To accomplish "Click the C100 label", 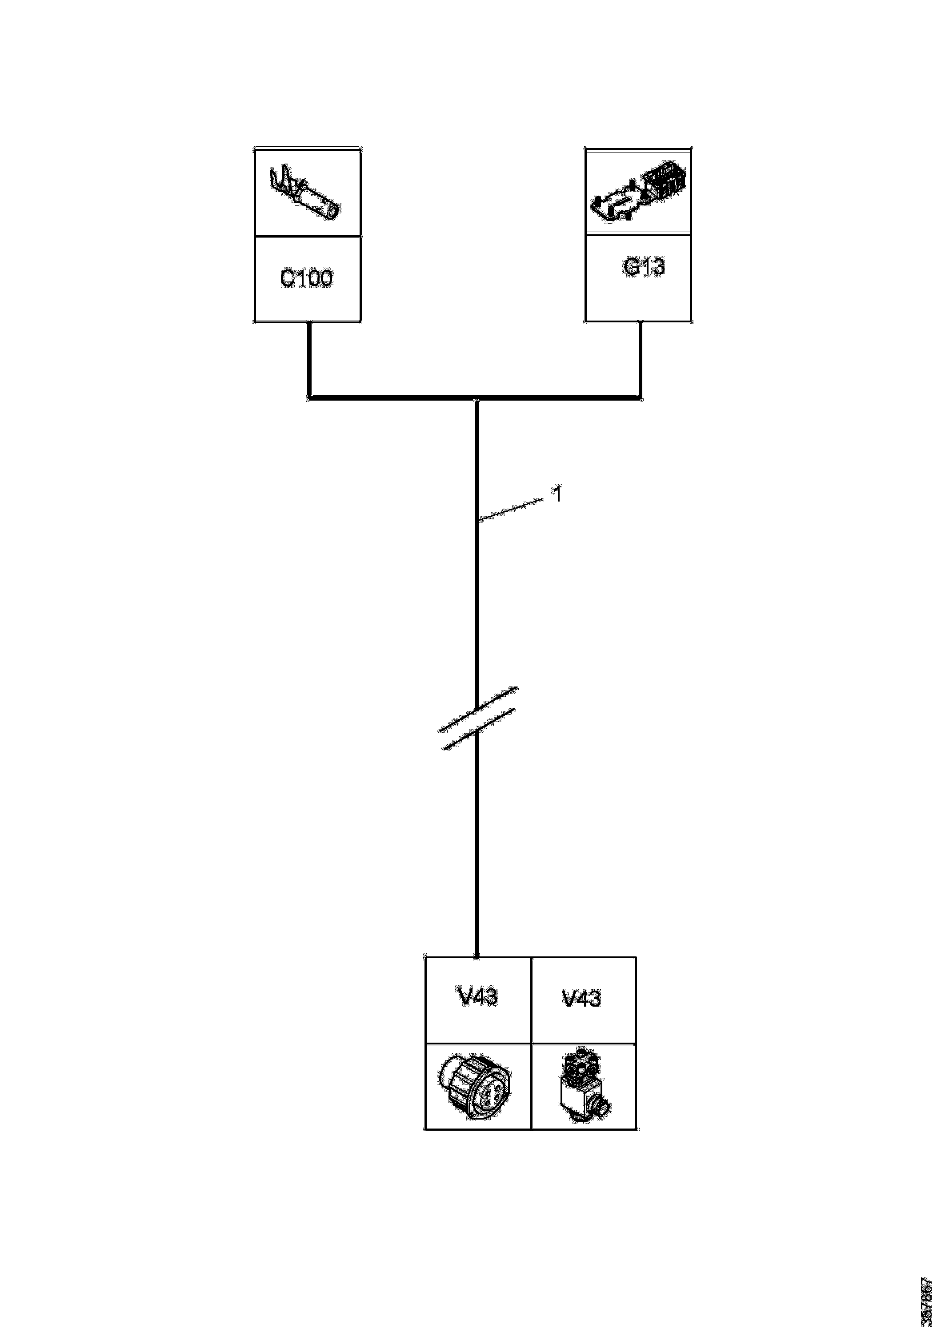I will click(306, 278).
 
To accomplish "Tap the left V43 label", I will click(477, 996).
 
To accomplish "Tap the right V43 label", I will click(582, 998).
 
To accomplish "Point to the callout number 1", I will click(557, 495).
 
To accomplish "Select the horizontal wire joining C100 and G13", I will click(396, 398).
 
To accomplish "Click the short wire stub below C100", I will click(309, 358).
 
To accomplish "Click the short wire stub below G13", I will click(641, 358).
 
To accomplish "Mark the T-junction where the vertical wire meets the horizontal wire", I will click(477, 399).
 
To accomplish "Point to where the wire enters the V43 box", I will click(477, 956).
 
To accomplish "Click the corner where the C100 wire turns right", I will click(309, 398).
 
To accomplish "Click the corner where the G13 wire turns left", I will click(641, 398).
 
